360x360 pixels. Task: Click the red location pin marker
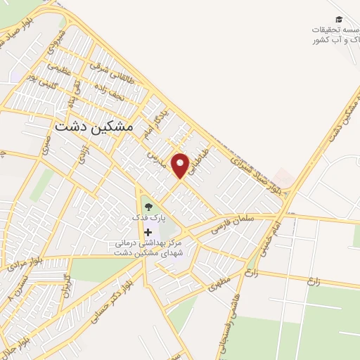[181, 165]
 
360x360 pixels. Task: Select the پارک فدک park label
[148, 219]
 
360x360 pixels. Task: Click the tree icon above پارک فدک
[148, 206]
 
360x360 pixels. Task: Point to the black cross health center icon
[147, 232]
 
